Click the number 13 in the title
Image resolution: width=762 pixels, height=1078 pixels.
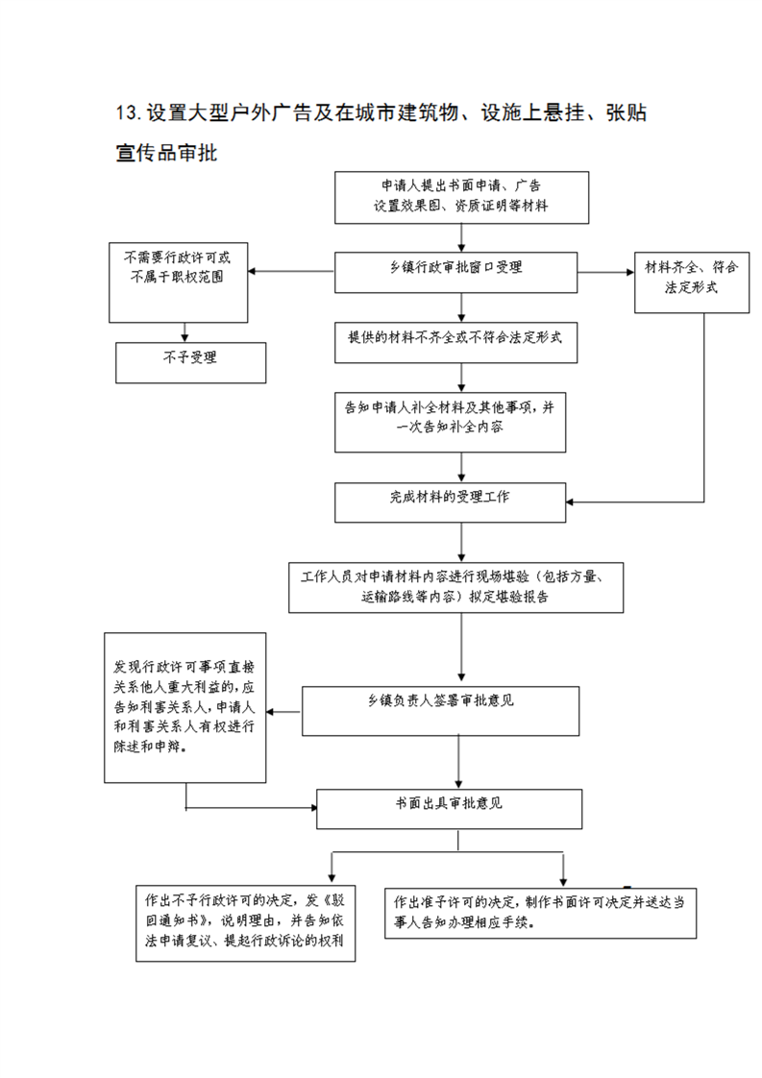point(128,112)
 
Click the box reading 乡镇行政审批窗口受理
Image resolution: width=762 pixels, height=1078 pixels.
point(456,272)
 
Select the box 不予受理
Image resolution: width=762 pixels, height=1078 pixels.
point(190,363)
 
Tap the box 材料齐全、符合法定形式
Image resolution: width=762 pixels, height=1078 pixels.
point(692,282)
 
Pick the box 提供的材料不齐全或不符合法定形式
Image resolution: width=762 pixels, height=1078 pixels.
point(456,342)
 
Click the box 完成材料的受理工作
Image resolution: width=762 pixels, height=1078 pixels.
point(451,502)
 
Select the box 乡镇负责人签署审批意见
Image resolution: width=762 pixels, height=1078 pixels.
point(441,711)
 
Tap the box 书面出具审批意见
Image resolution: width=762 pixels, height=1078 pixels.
point(449,809)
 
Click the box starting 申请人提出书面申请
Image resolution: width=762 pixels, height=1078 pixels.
point(461,197)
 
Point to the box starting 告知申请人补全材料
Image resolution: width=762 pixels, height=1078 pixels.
point(451,422)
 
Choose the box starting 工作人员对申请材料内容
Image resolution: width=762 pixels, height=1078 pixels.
point(456,588)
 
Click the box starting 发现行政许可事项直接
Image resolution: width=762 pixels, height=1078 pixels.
point(185,707)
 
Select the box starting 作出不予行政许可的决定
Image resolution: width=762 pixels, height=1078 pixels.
point(246,923)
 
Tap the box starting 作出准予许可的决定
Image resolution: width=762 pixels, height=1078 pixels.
point(541,913)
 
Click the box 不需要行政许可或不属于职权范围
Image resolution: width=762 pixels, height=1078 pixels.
point(178,282)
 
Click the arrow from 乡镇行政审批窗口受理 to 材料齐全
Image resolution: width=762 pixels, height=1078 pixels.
point(606,272)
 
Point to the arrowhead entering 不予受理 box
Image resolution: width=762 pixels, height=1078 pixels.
point(185,337)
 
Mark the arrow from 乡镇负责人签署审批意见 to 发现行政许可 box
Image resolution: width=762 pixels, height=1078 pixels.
point(284,712)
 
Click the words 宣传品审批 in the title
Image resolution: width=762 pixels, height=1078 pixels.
point(166,153)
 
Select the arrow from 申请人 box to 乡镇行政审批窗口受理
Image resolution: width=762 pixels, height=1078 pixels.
point(461,238)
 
